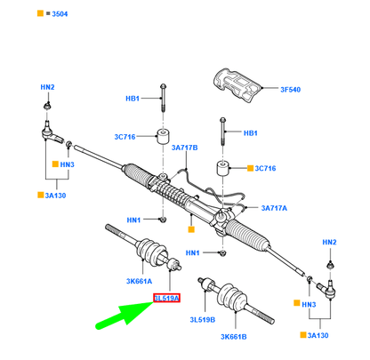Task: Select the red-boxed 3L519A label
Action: [x=166, y=297]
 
